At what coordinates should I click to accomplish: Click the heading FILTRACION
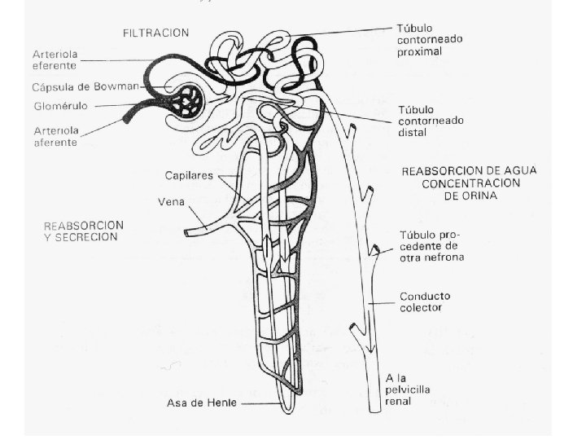click(x=155, y=33)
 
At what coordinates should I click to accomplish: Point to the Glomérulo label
click(x=61, y=106)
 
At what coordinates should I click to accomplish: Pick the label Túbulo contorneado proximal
click(x=431, y=39)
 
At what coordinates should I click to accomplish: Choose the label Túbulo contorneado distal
click(x=431, y=121)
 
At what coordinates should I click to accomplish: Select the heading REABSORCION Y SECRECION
click(x=82, y=231)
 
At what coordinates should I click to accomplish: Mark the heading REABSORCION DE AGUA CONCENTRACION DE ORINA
click(x=460, y=183)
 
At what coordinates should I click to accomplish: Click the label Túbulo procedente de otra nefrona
click(x=430, y=245)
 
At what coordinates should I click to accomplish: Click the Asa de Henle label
click(x=201, y=403)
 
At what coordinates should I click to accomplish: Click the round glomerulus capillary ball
click(x=194, y=100)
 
